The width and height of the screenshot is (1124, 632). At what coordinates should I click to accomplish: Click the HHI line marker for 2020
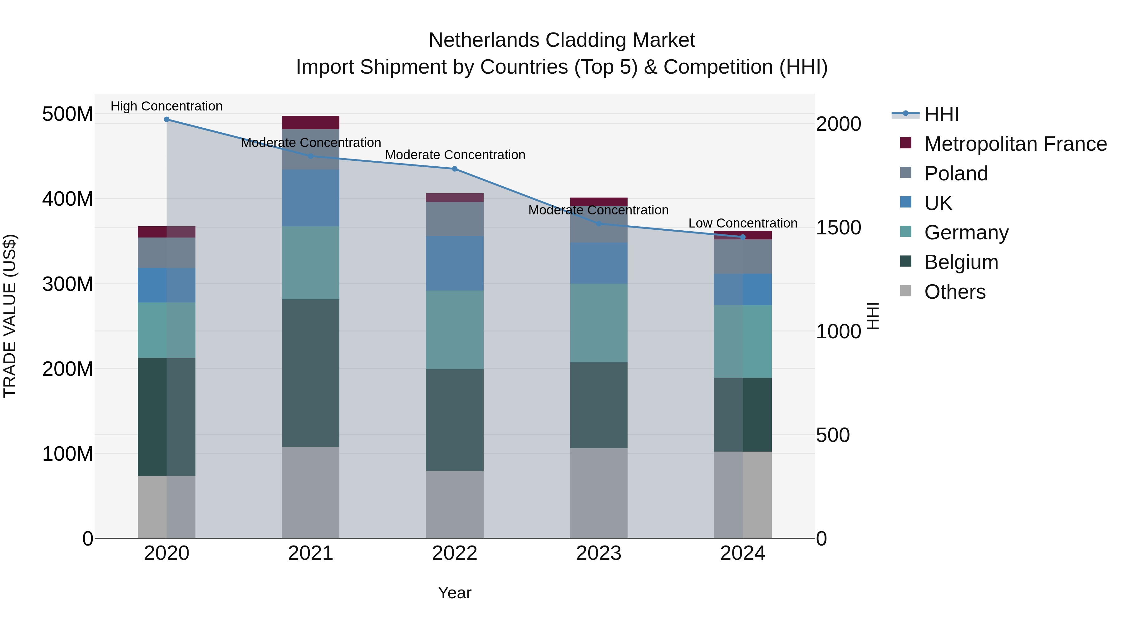(x=167, y=120)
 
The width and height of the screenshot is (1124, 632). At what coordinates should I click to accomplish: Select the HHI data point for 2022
(x=455, y=169)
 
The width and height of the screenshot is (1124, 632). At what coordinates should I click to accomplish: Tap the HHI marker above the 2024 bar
(x=743, y=237)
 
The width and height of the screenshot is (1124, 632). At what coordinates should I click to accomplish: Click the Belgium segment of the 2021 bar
(x=310, y=373)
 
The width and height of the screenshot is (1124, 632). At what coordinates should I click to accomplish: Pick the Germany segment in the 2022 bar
(x=455, y=330)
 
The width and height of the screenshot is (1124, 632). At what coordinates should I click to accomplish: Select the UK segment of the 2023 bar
(x=599, y=263)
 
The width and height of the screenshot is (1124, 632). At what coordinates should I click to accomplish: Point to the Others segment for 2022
(x=455, y=504)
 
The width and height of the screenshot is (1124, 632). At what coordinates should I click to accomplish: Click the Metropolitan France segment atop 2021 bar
(x=310, y=123)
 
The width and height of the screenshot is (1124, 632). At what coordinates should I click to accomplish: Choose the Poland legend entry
(x=956, y=174)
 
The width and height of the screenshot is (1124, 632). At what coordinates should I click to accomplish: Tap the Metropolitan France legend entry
(x=1015, y=144)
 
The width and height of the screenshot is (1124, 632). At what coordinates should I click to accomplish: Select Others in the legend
(x=955, y=292)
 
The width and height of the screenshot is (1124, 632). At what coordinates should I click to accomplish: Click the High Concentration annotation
(x=167, y=106)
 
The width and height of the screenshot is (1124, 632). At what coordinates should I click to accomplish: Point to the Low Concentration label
(x=743, y=223)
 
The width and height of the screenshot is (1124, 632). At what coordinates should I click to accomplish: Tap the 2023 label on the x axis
(x=599, y=553)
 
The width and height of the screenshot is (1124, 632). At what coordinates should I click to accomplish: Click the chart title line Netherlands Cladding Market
(x=562, y=40)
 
